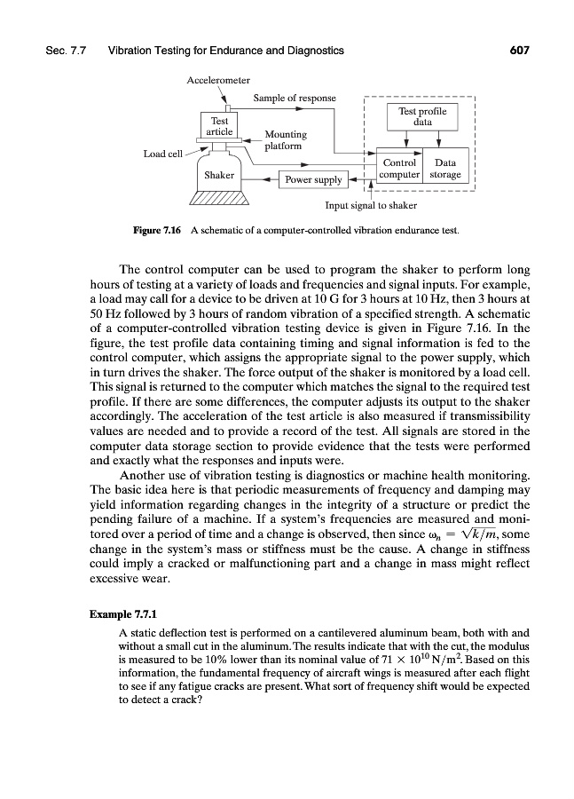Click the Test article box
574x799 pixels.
(219, 125)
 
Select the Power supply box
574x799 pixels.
(311, 180)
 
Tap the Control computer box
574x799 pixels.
(397, 169)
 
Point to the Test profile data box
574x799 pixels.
(422, 116)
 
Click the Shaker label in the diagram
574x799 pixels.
(219, 175)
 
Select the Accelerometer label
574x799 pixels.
(217, 81)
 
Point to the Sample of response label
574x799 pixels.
(295, 97)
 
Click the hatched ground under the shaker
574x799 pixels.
(219, 199)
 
